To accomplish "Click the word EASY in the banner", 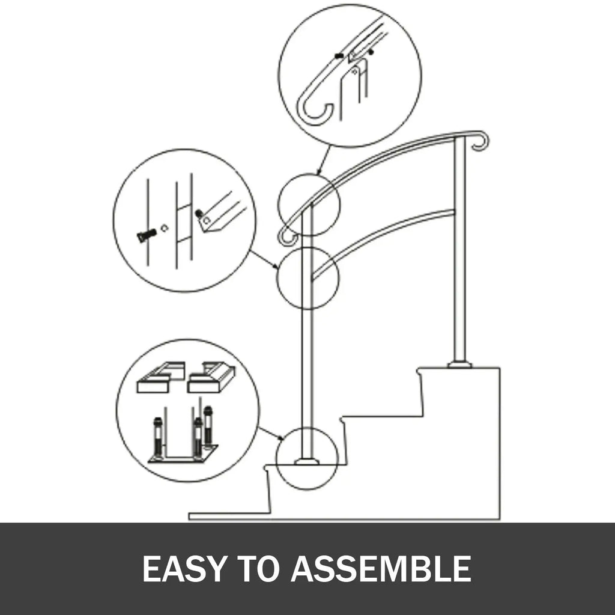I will pyautogui.click(x=184, y=569).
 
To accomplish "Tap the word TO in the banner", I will pyautogui.click(x=261, y=569).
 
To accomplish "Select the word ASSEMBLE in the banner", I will pyautogui.click(x=381, y=569).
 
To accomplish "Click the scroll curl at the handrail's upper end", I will pyautogui.click(x=480, y=141).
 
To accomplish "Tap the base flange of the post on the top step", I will pyautogui.click(x=459, y=363).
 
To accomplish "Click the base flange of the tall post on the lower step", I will pyautogui.click(x=307, y=461).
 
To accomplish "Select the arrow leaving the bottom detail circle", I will pyautogui.click(x=271, y=433).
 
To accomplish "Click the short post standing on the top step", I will pyautogui.click(x=459, y=252).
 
